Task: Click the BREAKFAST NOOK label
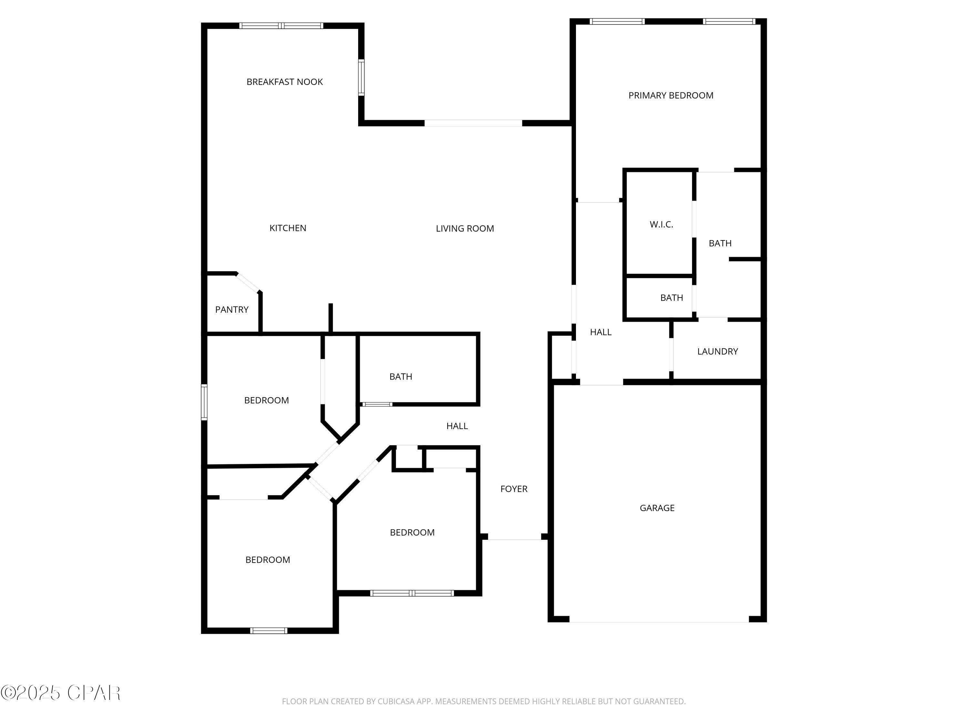coord(285,82)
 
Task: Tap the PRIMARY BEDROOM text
coord(671,96)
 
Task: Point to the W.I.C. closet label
coord(661,225)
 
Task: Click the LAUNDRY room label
coord(717,351)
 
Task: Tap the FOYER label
coord(513,489)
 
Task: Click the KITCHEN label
coord(287,228)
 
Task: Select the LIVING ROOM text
coord(464,228)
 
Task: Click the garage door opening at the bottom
coord(659,619)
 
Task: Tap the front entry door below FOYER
coord(514,537)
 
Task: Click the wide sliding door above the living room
coord(473,123)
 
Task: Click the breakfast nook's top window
coord(281,26)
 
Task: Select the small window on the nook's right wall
coord(361,78)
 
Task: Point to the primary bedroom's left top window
coord(617,21)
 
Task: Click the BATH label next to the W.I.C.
coord(720,243)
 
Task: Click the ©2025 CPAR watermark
coord(60,693)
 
